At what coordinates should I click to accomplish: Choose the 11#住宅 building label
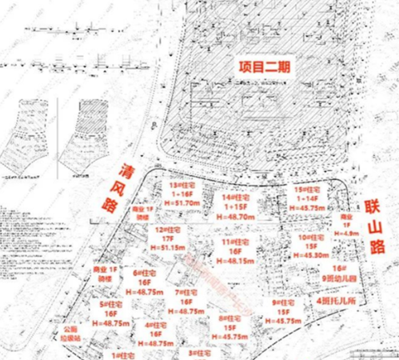[237, 241]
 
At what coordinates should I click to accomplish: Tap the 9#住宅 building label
[285, 303]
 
